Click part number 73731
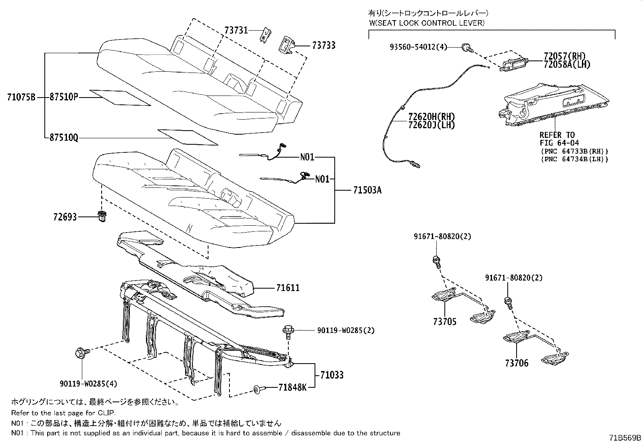pyautogui.click(x=236, y=30)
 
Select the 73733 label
pyautogui.click(x=323, y=46)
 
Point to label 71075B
pyautogui.click(x=21, y=97)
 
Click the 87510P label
pyautogui.click(x=64, y=97)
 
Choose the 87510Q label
pyautogui.click(x=64, y=138)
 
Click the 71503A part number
pyautogui.click(x=367, y=189)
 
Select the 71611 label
pyautogui.click(x=288, y=288)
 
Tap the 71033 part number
pyautogui.click(x=332, y=375)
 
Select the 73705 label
pyautogui.click(x=445, y=322)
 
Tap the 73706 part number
pyautogui.click(x=516, y=363)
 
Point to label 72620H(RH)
pyautogui.click(x=431, y=117)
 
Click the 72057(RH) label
pyautogui.click(x=564, y=56)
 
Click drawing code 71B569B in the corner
pyautogui.click(x=625, y=437)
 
